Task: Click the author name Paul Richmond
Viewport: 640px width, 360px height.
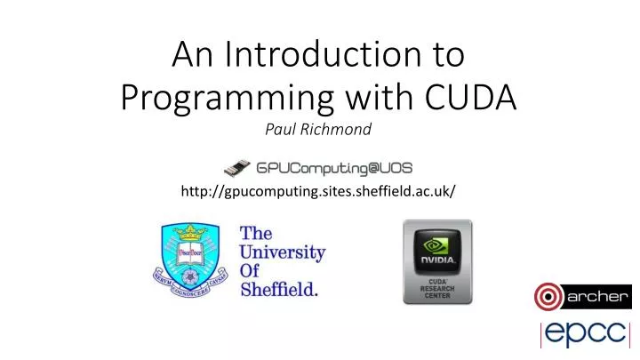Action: coord(318,130)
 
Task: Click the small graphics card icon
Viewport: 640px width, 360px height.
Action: coord(237,166)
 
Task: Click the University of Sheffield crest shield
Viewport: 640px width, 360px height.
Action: coord(189,260)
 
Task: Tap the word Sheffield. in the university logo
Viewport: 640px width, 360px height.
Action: coord(279,289)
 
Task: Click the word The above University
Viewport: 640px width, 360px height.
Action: coord(256,233)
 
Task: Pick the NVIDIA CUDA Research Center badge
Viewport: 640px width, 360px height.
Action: coord(437,262)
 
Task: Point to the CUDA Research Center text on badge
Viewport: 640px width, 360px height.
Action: coord(437,292)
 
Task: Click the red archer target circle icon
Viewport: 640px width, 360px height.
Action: coord(549,296)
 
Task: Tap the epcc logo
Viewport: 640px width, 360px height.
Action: coord(586,336)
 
